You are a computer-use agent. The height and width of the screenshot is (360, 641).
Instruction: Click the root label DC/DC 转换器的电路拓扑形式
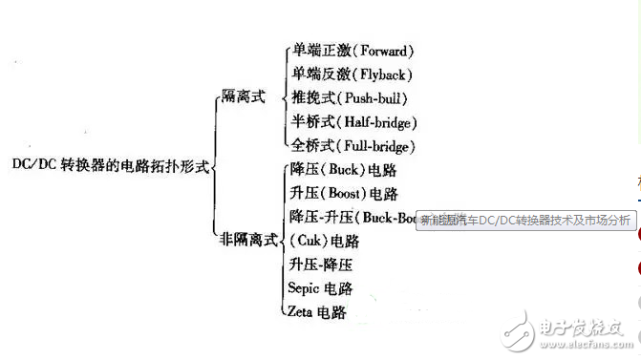coord(110,164)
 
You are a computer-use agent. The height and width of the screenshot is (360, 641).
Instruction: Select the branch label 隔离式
coord(242,96)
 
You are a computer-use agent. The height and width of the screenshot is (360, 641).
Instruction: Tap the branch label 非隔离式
coord(247,238)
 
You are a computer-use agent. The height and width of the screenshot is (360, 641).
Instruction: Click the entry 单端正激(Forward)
coord(353,51)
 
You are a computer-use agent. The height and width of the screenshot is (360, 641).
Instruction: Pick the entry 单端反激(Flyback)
coord(352,74)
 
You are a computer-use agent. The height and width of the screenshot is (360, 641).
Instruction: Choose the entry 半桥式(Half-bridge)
coord(354,121)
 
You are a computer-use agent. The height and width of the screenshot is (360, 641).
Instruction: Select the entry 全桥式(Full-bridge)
coord(353,145)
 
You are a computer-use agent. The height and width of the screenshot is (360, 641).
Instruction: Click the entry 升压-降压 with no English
coord(320,263)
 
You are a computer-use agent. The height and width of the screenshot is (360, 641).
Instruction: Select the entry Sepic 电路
coord(320,287)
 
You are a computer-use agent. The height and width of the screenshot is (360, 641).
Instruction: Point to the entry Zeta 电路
coord(316,311)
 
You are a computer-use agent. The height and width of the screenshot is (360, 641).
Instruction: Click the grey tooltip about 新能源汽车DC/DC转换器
coord(525,220)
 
